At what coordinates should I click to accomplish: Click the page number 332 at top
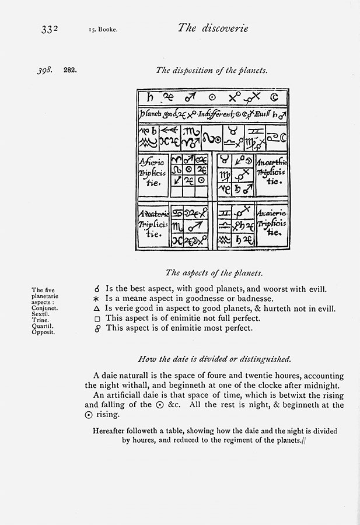[x=51, y=29]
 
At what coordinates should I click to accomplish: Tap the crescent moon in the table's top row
[x=274, y=97]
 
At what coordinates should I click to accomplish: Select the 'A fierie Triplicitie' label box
[x=153, y=174]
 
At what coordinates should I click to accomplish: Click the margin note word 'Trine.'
[x=40, y=320]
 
